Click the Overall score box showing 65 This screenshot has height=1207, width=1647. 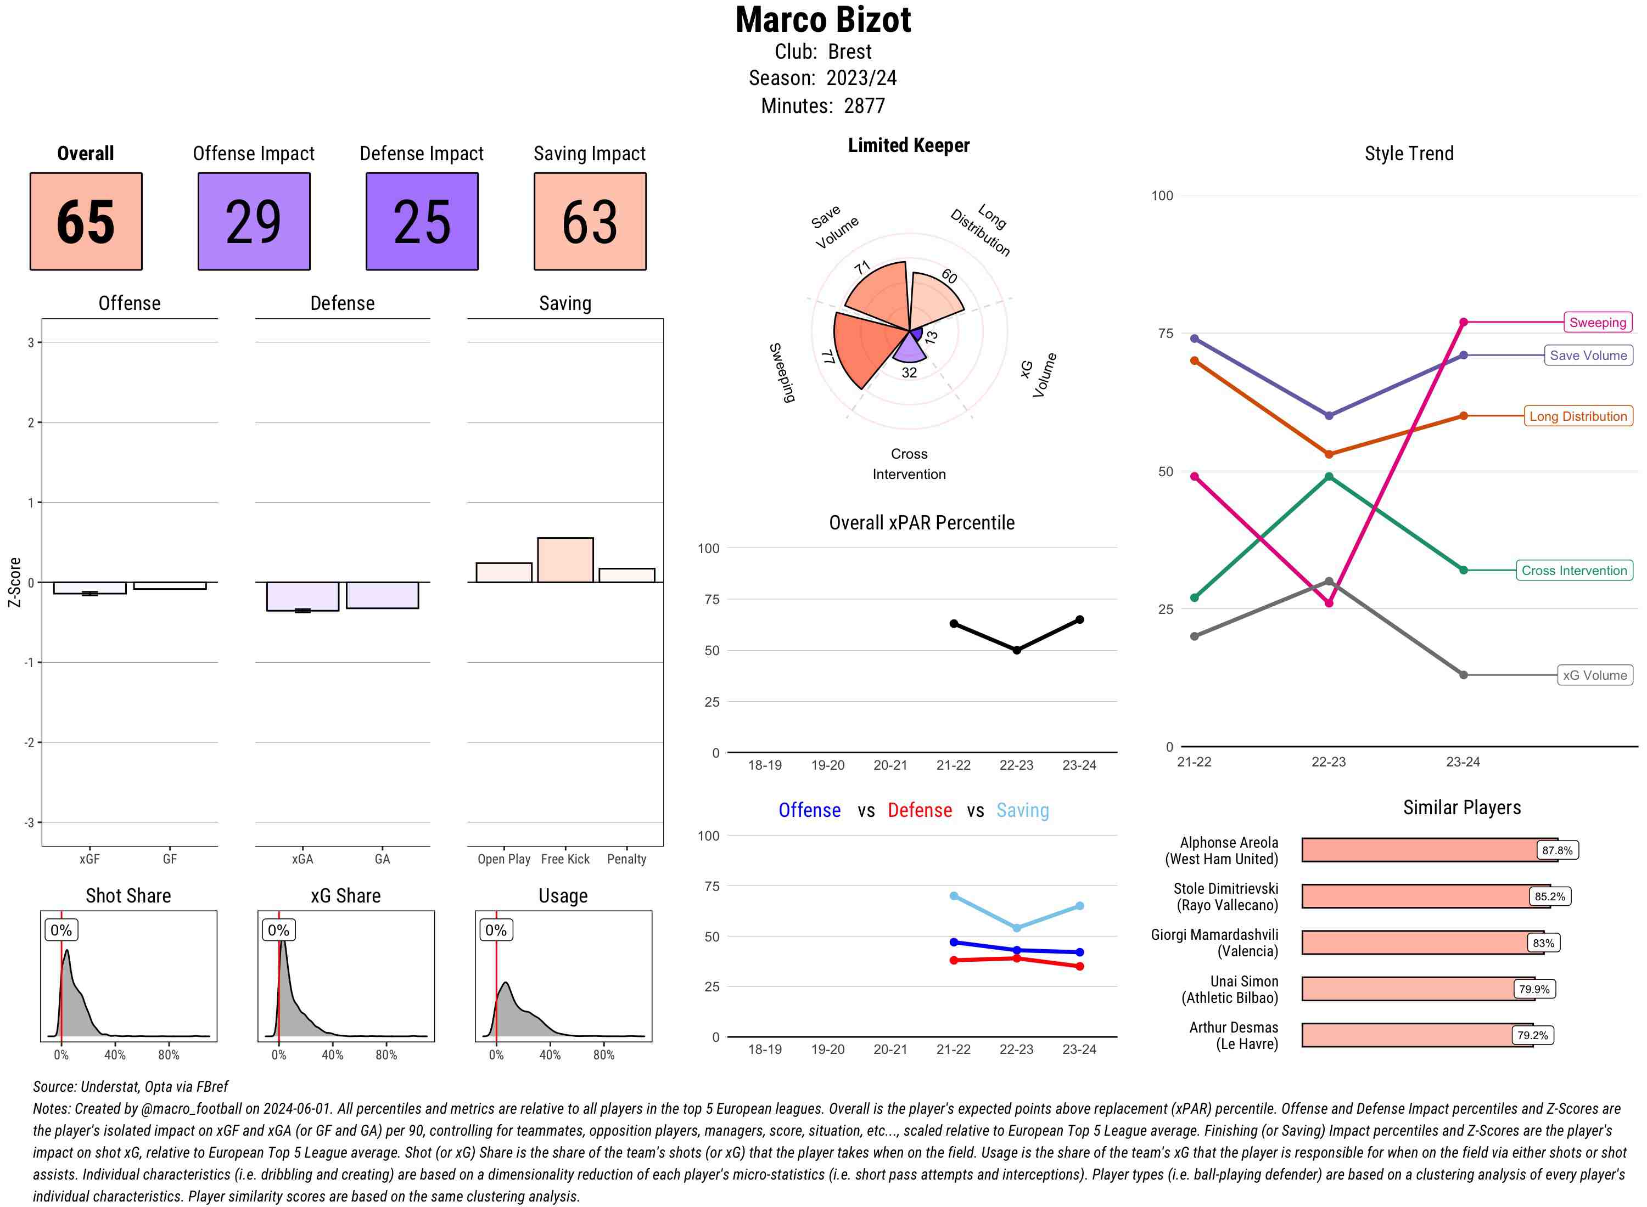tap(86, 222)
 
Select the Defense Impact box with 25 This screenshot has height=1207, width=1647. tap(422, 222)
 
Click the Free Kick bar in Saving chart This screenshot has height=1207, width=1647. tap(565, 560)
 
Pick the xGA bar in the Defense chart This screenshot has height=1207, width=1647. tap(302, 596)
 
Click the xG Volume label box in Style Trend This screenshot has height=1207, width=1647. tap(1594, 675)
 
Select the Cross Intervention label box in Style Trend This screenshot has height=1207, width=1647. tap(1573, 570)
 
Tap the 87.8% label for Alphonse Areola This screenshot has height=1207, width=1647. tap(1556, 850)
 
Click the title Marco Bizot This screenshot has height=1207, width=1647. tap(823, 20)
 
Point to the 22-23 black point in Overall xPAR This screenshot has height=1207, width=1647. tap(1016, 650)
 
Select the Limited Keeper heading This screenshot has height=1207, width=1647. tap(908, 145)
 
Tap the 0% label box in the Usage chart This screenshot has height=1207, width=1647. tap(496, 930)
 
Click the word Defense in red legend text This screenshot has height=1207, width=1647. tap(919, 810)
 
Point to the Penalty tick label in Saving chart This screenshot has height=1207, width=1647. tap(626, 859)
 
